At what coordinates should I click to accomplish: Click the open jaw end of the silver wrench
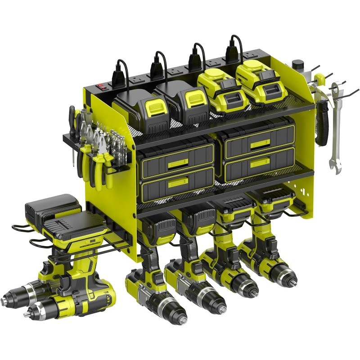point(335,164)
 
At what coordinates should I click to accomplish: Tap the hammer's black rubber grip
point(321,124)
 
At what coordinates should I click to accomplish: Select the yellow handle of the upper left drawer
point(178,163)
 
